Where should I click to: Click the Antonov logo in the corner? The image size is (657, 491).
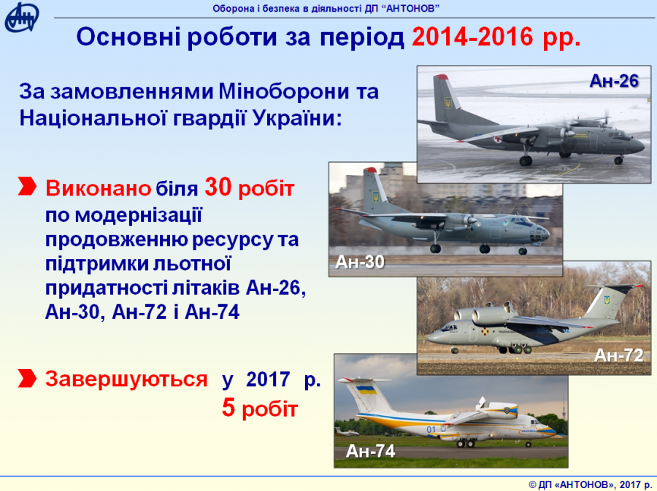tap(22, 18)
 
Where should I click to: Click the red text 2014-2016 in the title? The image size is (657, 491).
tap(472, 36)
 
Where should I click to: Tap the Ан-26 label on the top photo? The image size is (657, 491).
tap(614, 81)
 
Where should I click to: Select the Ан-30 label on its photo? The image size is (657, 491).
tap(360, 262)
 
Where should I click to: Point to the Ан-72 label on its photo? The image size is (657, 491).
tap(619, 355)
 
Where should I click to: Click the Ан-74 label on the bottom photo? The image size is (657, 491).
tap(370, 451)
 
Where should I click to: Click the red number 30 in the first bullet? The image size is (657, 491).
tap(218, 187)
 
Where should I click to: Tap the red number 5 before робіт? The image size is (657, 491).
tap(228, 408)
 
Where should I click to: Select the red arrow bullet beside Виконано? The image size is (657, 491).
tap(27, 186)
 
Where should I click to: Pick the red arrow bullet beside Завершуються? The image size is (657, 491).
tap(27, 378)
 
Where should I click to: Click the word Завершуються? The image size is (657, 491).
tap(126, 379)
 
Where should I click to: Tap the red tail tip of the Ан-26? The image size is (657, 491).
tap(440, 77)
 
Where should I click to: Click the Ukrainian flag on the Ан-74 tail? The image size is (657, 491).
tap(366, 390)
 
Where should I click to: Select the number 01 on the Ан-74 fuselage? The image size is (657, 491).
tap(431, 429)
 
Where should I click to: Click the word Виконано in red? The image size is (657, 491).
tap(98, 188)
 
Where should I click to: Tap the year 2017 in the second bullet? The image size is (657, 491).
tap(268, 379)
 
